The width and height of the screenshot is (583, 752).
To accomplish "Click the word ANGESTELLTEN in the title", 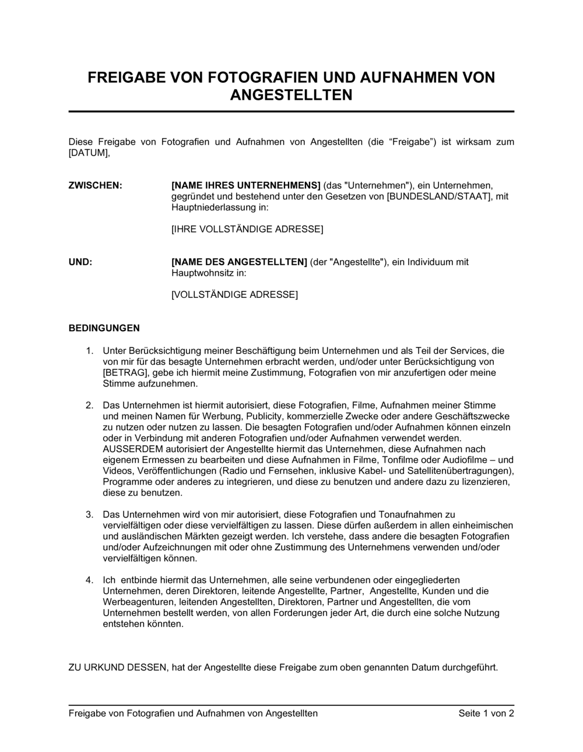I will pos(291,95).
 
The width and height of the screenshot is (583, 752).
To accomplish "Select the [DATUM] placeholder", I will pos(89,153).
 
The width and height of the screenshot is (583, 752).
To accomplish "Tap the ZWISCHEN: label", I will pos(96,185).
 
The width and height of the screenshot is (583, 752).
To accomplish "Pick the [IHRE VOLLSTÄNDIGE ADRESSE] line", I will pos(247,229).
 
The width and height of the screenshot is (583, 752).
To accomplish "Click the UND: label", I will pos(80,262).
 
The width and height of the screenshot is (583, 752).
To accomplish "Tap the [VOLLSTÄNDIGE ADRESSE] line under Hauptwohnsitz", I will pos(234,294).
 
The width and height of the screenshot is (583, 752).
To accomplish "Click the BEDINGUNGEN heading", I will pos(104,328).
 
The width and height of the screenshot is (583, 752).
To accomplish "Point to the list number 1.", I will pos(89,351).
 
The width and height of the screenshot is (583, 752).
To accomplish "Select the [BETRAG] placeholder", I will pos(126,373).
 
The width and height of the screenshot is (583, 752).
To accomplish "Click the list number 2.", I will pos(89,405).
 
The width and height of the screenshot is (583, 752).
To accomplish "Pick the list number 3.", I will pos(89,514).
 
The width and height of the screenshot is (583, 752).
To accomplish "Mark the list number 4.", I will pos(89,580).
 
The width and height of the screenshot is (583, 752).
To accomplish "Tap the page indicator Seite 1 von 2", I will pos(486,713).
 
